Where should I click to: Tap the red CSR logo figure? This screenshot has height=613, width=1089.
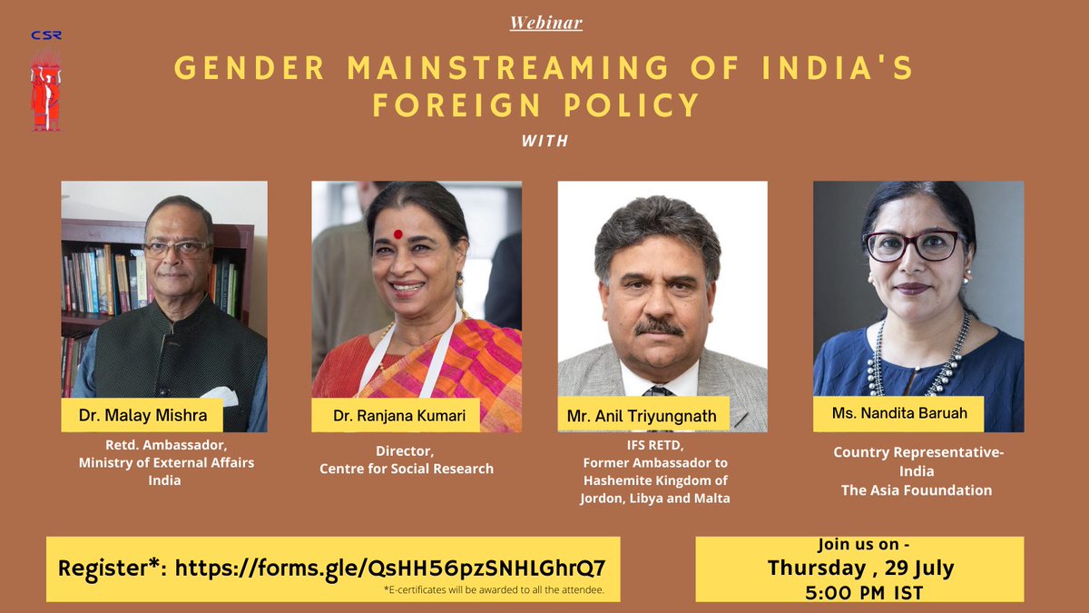pyautogui.click(x=45, y=91)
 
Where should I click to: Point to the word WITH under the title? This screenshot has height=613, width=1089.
pyautogui.click(x=544, y=142)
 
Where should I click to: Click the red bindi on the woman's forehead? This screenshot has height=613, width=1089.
pyautogui.click(x=397, y=234)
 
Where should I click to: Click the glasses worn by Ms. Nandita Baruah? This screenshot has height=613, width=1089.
pyautogui.click(x=914, y=245)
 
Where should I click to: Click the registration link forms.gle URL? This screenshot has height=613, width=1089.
pyautogui.click(x=390, y=569)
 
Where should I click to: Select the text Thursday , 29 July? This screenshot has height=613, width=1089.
pyautogui.click(x=859, y=569)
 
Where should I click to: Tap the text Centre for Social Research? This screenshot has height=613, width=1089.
pyautogui.click(x=407, y=469)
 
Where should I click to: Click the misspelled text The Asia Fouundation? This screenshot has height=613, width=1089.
pyautogui.click(x=914, y=490)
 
